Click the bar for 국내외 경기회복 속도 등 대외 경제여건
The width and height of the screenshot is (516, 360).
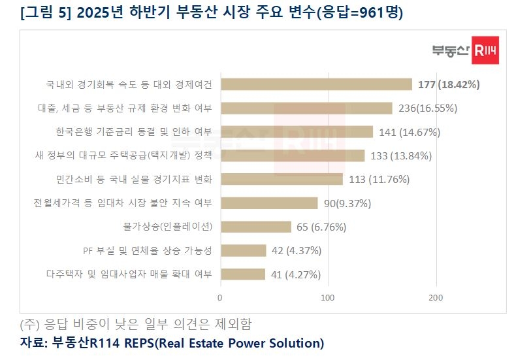[316, 84]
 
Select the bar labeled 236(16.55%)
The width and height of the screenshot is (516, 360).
[306, 108]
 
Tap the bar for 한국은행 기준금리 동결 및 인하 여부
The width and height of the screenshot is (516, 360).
[297, 132]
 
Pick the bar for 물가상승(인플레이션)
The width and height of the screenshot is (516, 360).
[255, 227]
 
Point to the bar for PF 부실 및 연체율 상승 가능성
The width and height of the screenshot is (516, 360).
[243, 250]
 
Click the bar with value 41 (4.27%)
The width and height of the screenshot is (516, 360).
[242, 274]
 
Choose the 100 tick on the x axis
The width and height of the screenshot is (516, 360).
[328, 298]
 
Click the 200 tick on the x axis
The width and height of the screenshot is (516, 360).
[436, 298]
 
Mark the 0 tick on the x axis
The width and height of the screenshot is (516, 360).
[220, 298]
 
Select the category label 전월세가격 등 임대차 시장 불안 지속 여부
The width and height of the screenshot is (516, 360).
[123, 203]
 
